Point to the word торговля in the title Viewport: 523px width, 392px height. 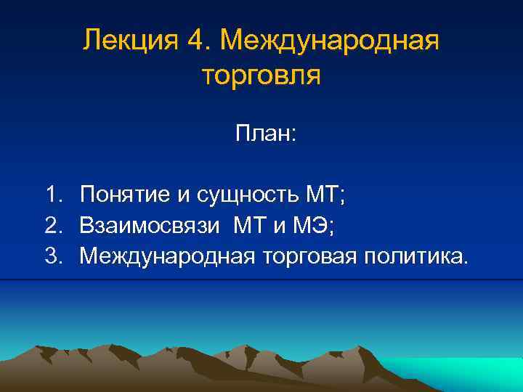click(x=259, y=75)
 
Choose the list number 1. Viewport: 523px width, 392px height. click(x=52, y=195)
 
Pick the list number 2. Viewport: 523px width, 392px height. click(x=52, y=225)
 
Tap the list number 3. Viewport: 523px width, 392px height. click(x=52, y=256)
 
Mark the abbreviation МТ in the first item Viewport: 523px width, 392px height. click(x=324, y=195)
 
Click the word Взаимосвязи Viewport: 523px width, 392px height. click(x=149, y=225)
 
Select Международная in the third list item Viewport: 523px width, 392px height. click(x=166, y=256)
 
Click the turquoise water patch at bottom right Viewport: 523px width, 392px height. click(x=465, y=374)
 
